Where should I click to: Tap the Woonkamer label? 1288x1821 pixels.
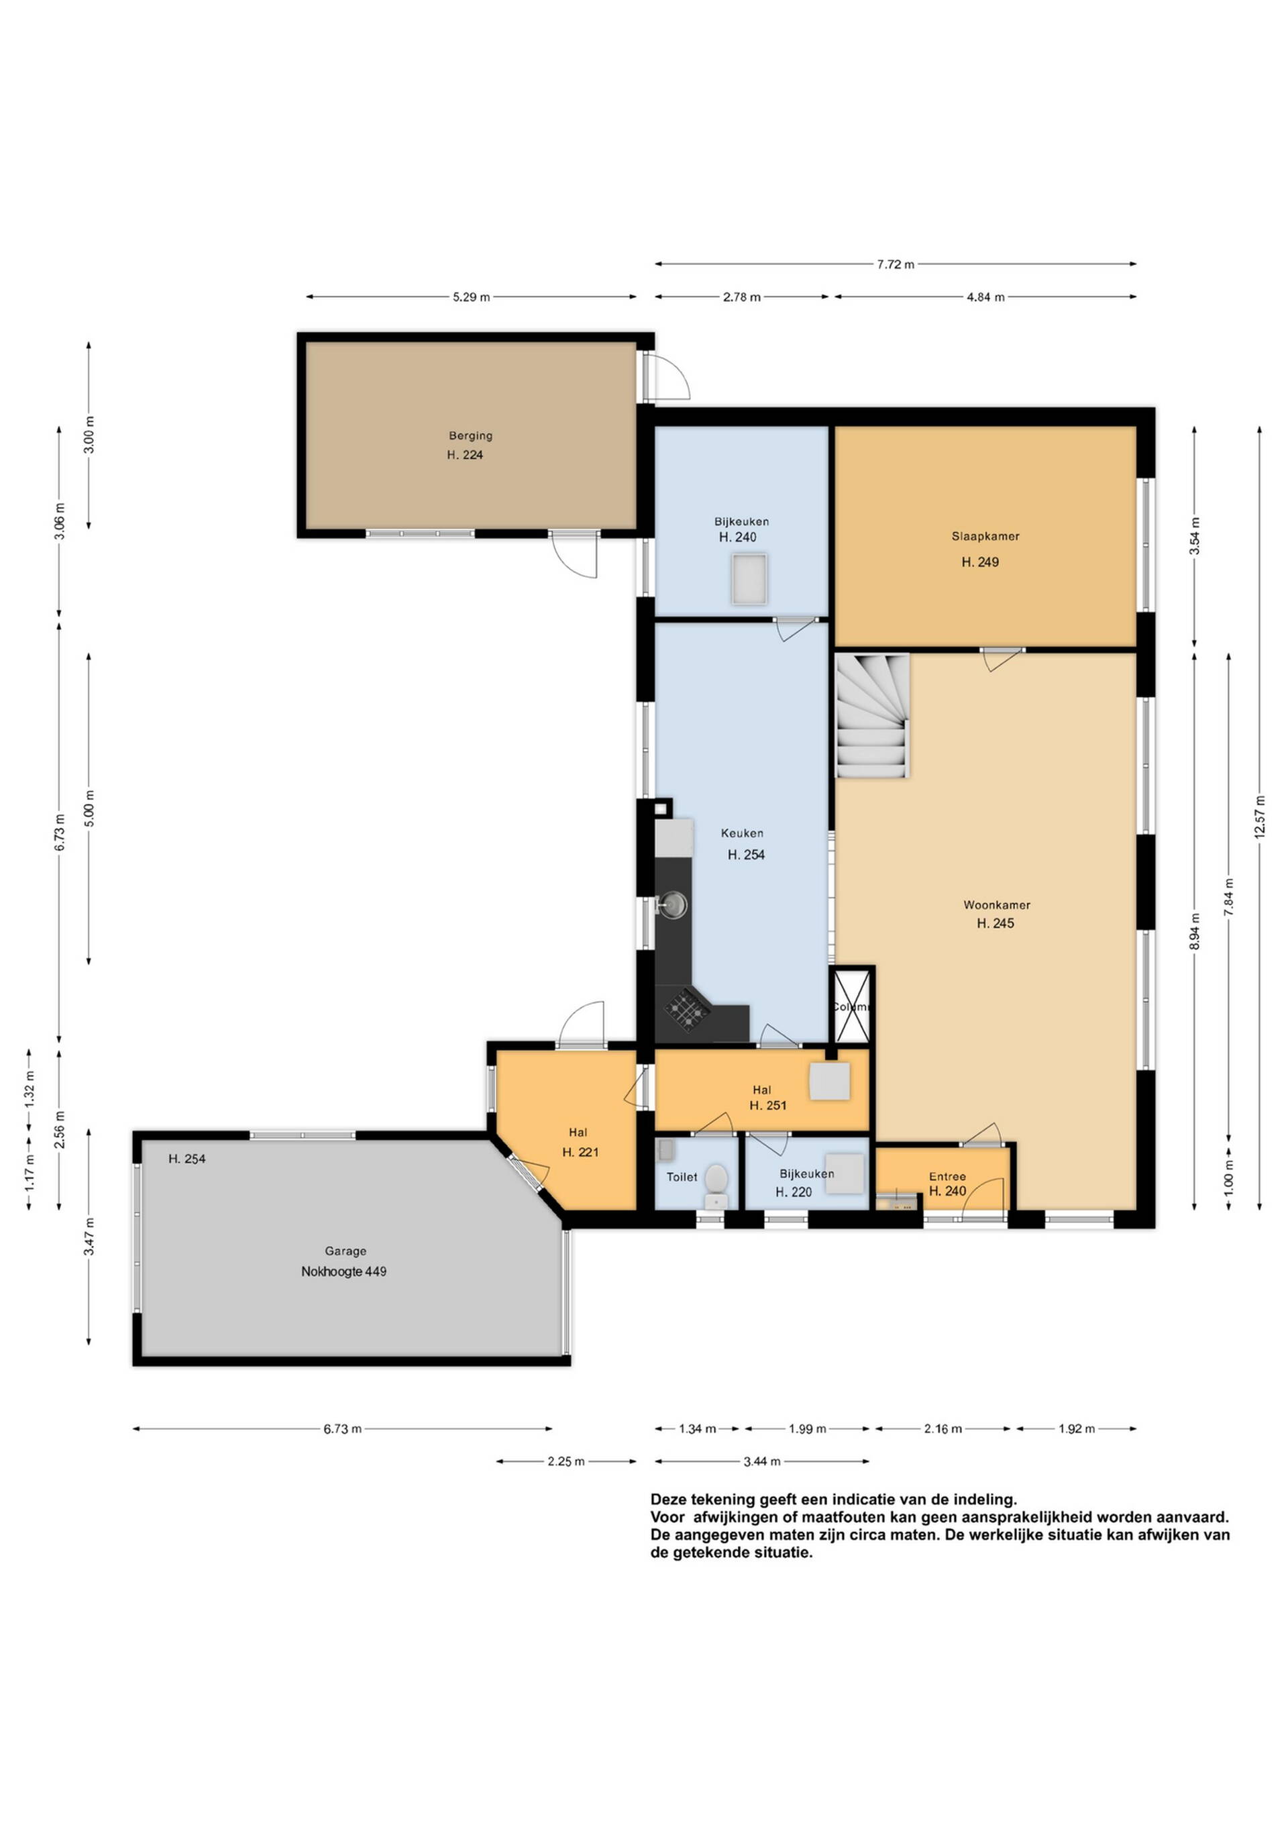coord(997,905)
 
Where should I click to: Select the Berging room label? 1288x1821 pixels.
coord(470,435)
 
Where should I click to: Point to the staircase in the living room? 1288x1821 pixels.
coord(872,716)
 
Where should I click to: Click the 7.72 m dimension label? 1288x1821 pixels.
coord(896,264)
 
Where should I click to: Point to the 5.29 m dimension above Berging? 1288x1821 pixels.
coord(471,297)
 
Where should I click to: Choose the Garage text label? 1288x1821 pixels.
coord(345,1251)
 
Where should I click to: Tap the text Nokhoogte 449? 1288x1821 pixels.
coord(343,1271)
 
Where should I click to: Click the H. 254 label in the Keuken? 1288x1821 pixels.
coord(747,854)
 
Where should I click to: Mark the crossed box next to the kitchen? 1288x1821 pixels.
coord(853,1007)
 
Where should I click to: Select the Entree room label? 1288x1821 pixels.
coord(947,1176)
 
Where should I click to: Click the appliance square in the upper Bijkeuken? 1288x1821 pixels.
coord(749,579)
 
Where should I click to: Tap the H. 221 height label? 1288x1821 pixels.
coord(580,1151)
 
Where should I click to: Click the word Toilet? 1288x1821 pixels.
coord(682,1176)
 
